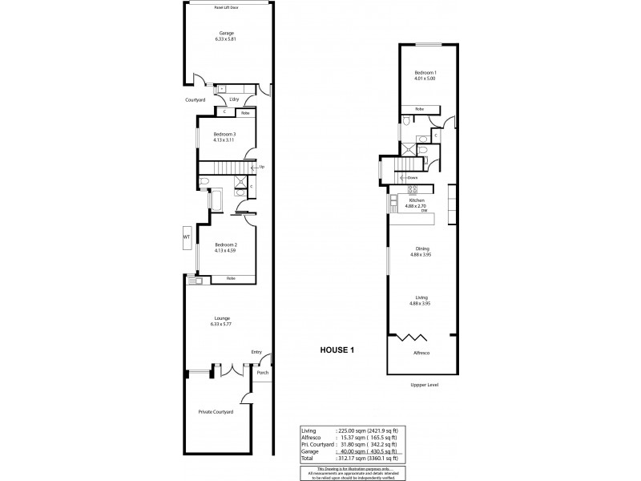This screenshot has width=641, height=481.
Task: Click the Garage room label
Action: coord(228,34)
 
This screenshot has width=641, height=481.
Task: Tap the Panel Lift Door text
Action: coord(228,6)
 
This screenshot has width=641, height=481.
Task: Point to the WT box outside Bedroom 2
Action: coord(186,237)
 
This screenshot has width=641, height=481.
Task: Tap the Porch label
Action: coord(262,372)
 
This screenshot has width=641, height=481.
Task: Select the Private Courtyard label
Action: coord(216,411)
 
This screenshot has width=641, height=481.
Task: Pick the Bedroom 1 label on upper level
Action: coord(425,73)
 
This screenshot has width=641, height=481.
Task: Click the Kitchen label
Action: coord(427,200)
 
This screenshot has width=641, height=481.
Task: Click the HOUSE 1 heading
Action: coord(337,350)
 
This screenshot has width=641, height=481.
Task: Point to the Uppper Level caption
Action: coord(425,385)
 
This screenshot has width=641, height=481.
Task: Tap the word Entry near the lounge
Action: coord(256,352)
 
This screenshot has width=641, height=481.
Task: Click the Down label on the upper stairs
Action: coord(413,178)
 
